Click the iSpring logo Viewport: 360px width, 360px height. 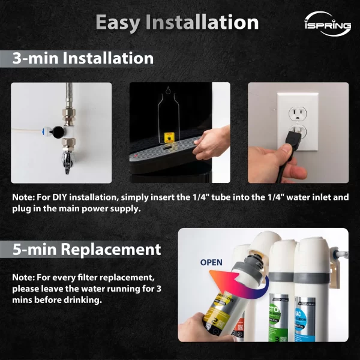(327, 25)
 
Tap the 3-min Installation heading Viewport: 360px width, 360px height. (83, 59)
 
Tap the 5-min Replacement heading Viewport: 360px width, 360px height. (87, 249)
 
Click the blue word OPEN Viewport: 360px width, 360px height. (211, 262)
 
